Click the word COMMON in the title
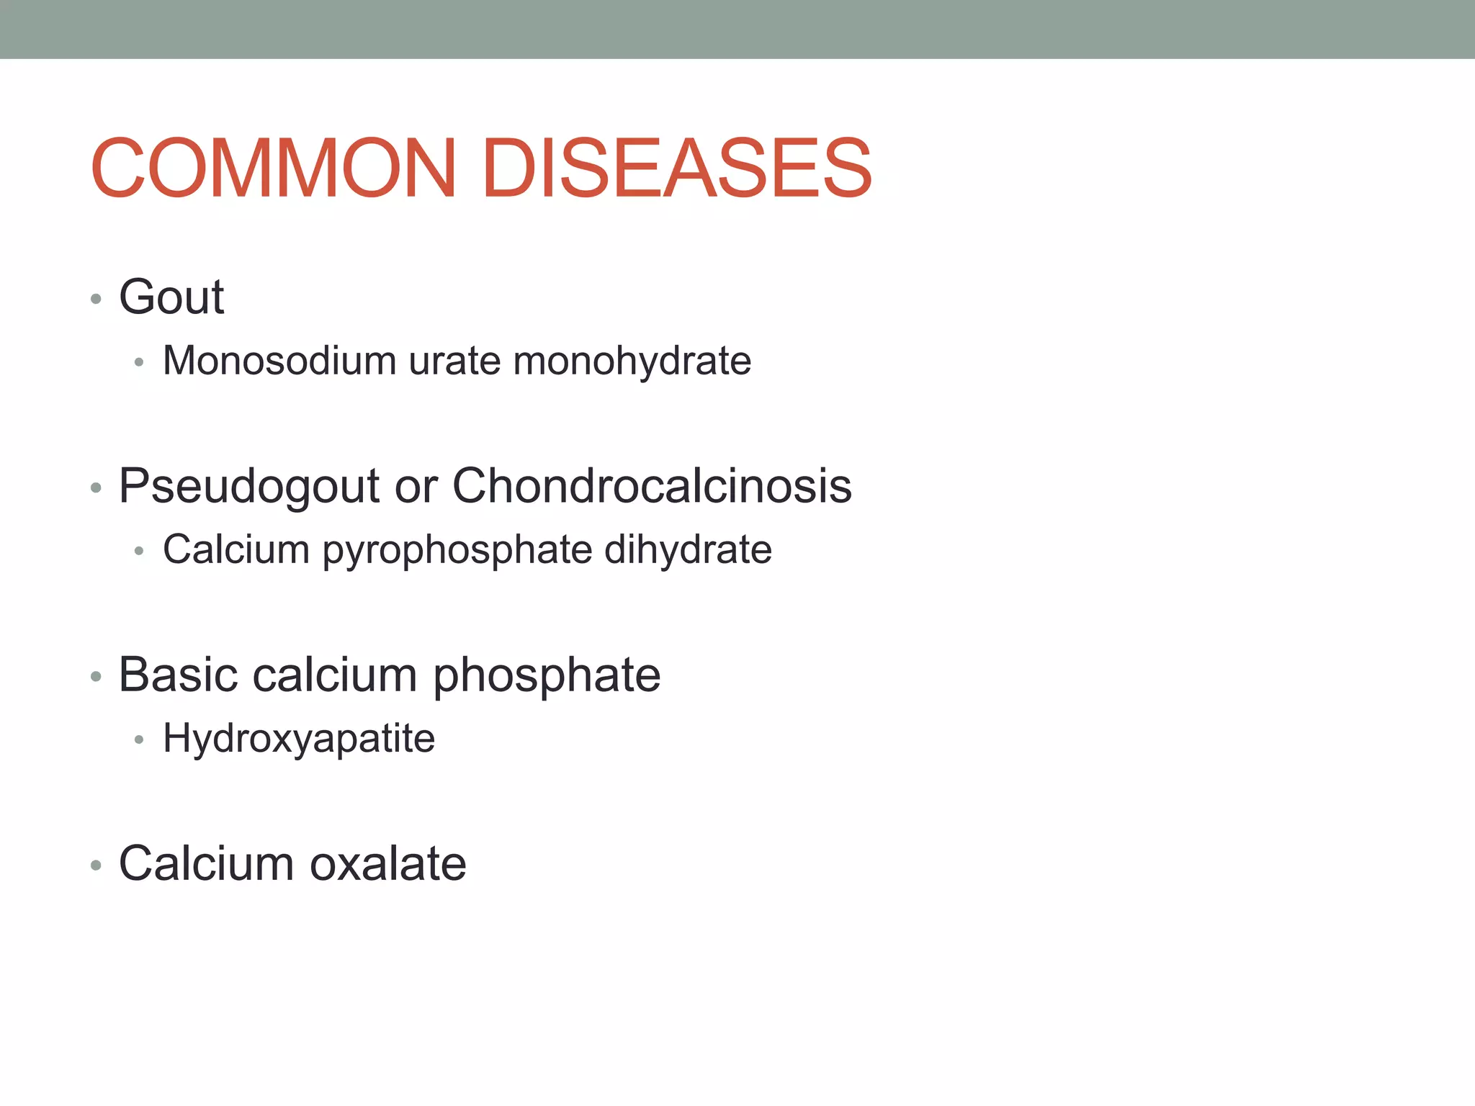pos(274,168)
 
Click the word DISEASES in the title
pos(676,168)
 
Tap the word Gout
pos(171,297)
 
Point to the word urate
pos(454,361)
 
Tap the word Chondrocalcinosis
pos(652,485)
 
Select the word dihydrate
pos(688,549)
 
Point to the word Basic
pos(178,675)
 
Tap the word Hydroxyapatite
pos(299,739)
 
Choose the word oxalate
pos(388,863)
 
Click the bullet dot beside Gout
pos(96,299)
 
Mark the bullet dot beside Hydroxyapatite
pos(140,740)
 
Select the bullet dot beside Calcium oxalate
pos(96,866)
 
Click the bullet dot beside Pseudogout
pos(96,488)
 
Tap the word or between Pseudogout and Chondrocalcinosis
pos(416,487)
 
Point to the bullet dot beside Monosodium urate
pos(140,362)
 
